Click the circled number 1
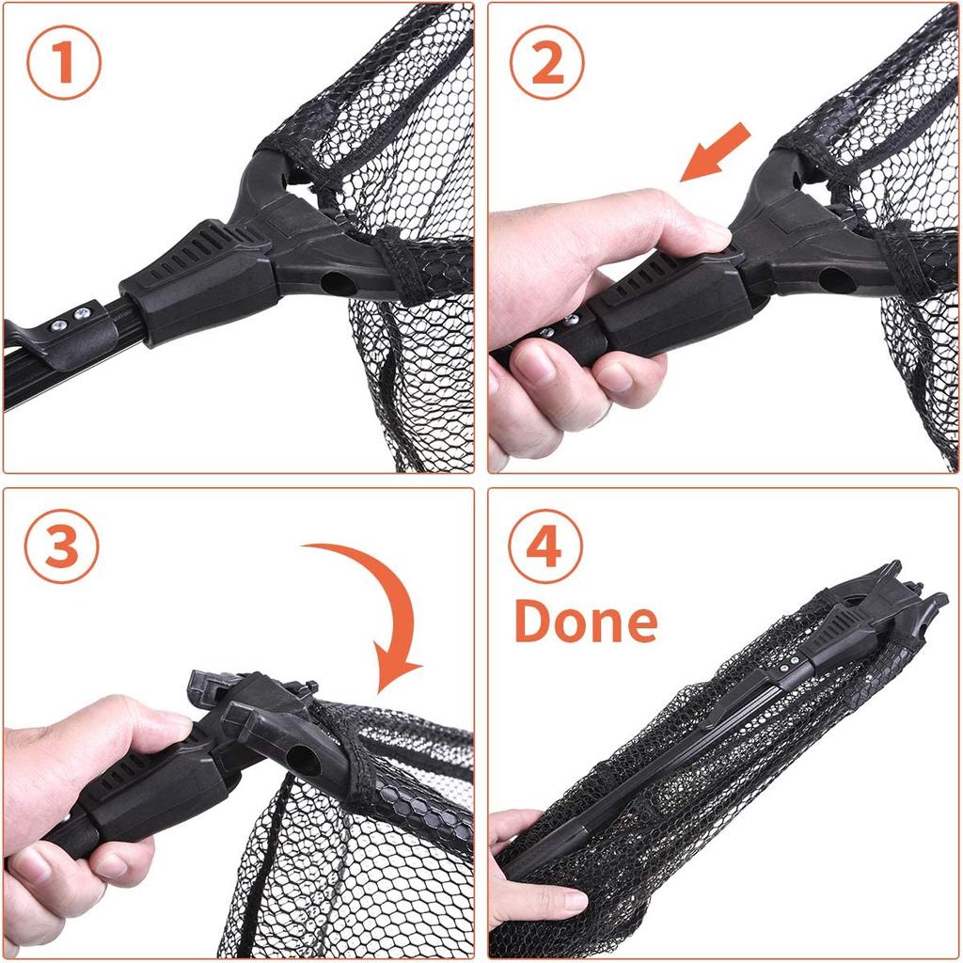pyautogui.click(x=62, y=63)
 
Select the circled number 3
pyautogui.click(x=61, y=546)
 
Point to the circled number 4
pyautogui.click(x=546, y=546)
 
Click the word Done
pyautogui.click(x=586, y=622)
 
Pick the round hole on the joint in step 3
pyautogui.click(x=303, y=759)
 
